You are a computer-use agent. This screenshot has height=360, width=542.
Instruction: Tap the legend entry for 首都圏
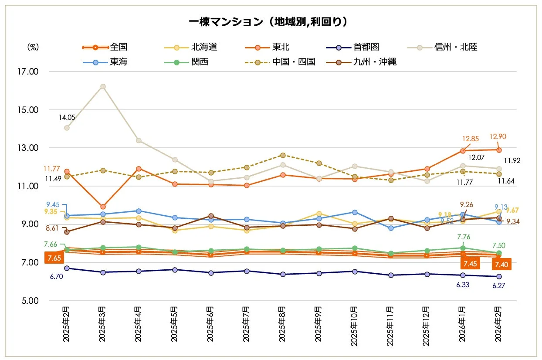369,47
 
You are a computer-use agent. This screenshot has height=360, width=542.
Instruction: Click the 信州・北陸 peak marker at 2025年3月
103,86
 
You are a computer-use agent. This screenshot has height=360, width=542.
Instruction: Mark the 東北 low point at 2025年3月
103,207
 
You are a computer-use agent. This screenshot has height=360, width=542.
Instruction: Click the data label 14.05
68,117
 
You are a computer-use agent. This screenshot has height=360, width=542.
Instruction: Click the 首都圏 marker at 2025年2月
67,268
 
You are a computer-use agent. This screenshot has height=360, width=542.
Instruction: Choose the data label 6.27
499,286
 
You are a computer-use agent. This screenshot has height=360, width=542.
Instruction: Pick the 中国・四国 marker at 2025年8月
283,155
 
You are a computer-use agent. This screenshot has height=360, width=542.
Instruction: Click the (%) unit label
33,47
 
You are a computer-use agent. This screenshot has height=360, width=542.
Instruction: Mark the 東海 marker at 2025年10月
355,212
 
